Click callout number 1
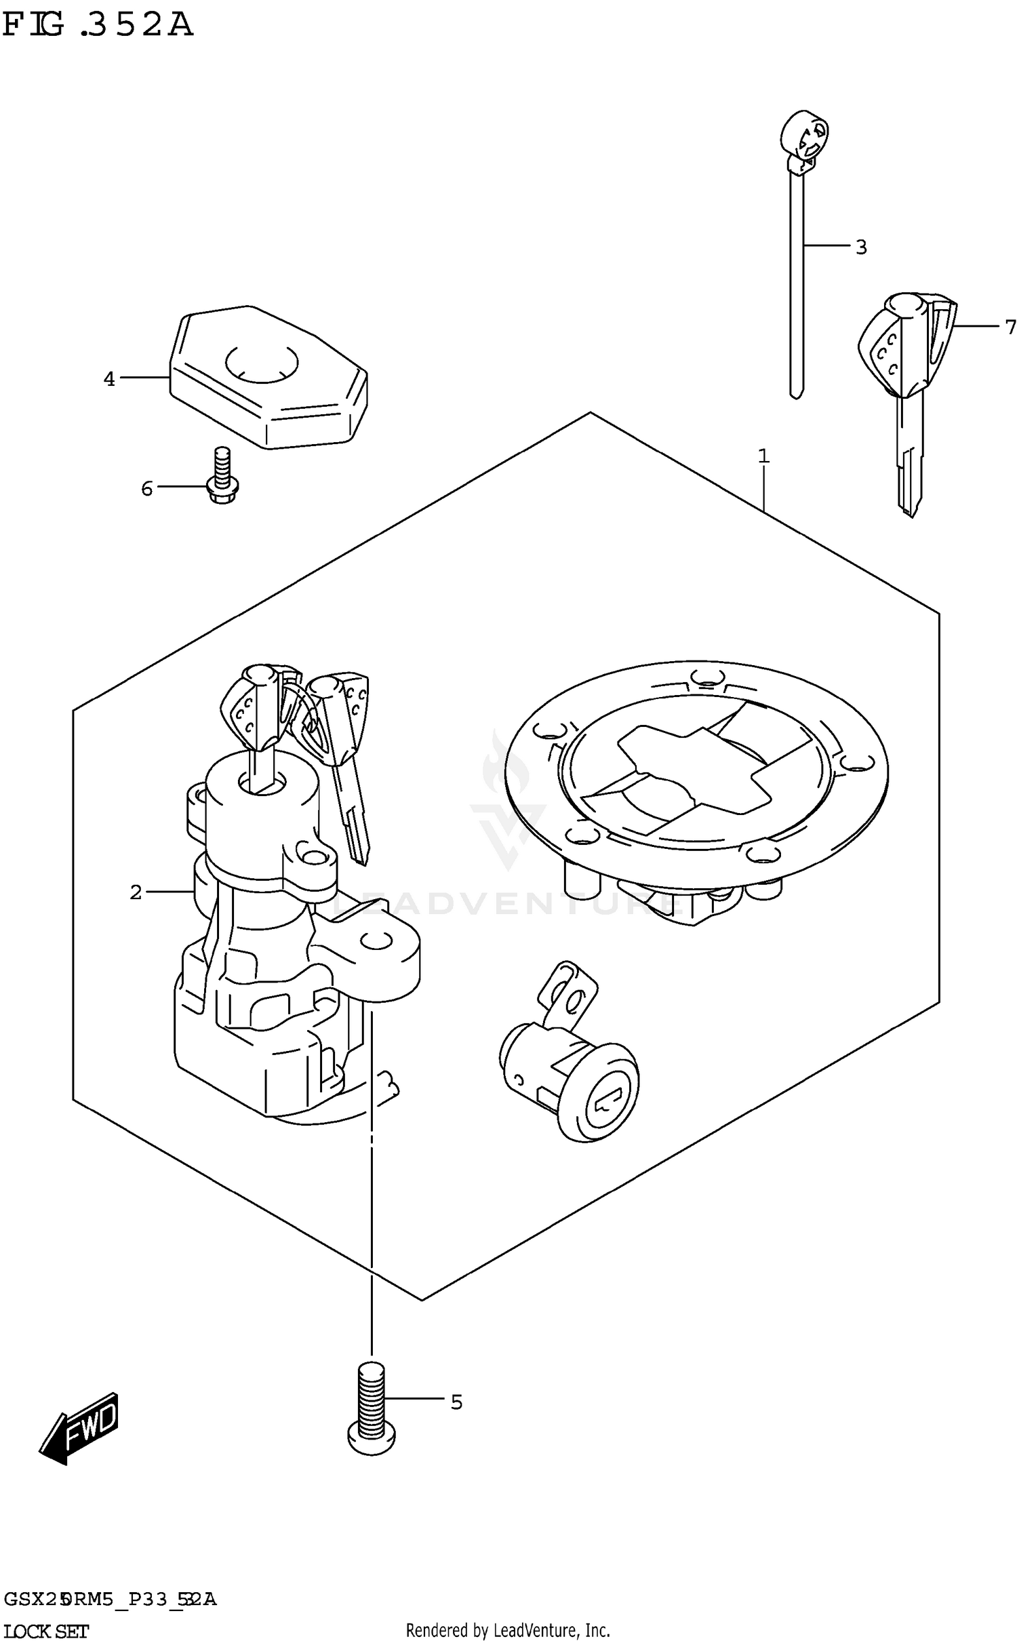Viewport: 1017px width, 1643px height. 763,456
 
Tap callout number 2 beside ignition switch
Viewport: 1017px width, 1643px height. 136,892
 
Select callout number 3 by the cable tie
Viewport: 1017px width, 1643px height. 861,248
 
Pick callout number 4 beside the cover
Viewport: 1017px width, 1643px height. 109,379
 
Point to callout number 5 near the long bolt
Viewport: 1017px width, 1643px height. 456,1402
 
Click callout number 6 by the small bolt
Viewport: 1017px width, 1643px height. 147,488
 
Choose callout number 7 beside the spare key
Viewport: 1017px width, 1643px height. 1010,328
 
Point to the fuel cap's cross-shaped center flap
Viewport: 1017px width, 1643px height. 698,770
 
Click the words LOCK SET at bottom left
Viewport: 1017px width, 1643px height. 45,1630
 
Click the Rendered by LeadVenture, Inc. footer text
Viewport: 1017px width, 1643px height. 508,1630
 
